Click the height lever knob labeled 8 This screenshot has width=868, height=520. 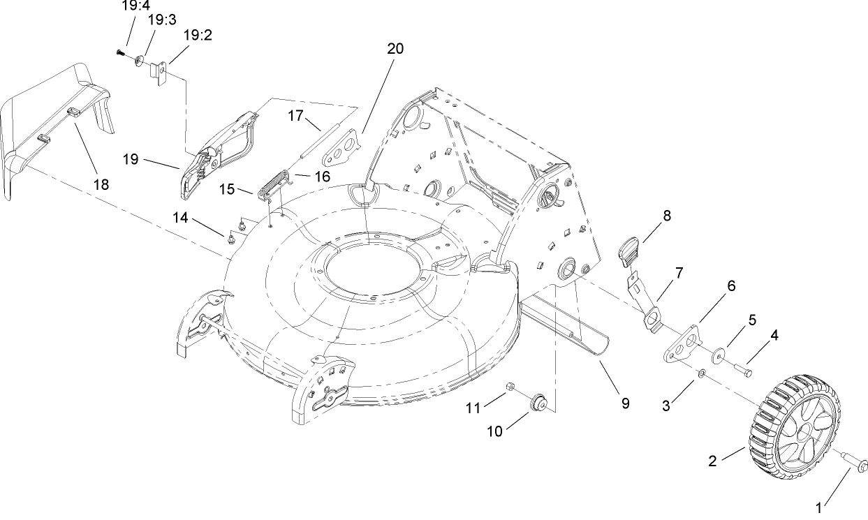coord(628,250)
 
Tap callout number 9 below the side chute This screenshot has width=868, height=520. coord(625,403)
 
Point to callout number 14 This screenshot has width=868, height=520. coord(181,218)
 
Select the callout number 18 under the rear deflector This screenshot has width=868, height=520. coord(101,184)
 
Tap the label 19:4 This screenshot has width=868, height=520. coord(132,5)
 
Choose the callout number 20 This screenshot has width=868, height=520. coord(395,49)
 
